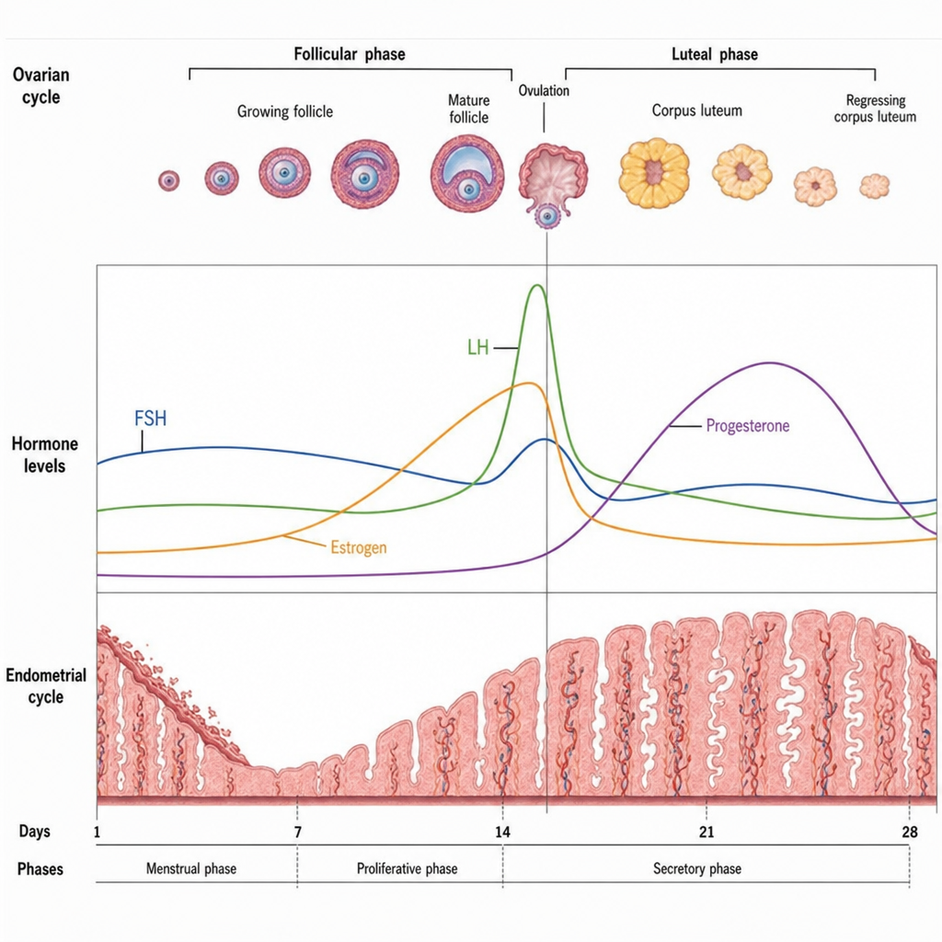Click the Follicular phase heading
click(349, 54)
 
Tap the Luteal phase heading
click(714, 54)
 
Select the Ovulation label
click(544, 91)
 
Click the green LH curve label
click(478, 347)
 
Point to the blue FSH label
click(150, 419)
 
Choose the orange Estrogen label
click(359, 547)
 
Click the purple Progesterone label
click(747, 425)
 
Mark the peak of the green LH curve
click(536, 285)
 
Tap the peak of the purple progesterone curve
click(770, 362)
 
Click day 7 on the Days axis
click(297, 832)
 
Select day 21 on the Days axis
click(706, 832)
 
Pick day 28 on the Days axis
click(910, 832)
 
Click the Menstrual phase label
click(191, 868)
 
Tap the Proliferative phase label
click(407, 868)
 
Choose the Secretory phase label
click(697, 868)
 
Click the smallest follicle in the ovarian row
click(169, 180)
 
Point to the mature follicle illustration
click(466, 174)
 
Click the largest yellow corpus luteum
click(654, 173)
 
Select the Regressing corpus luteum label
click(876, 109)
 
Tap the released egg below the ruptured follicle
click(546, 215)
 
